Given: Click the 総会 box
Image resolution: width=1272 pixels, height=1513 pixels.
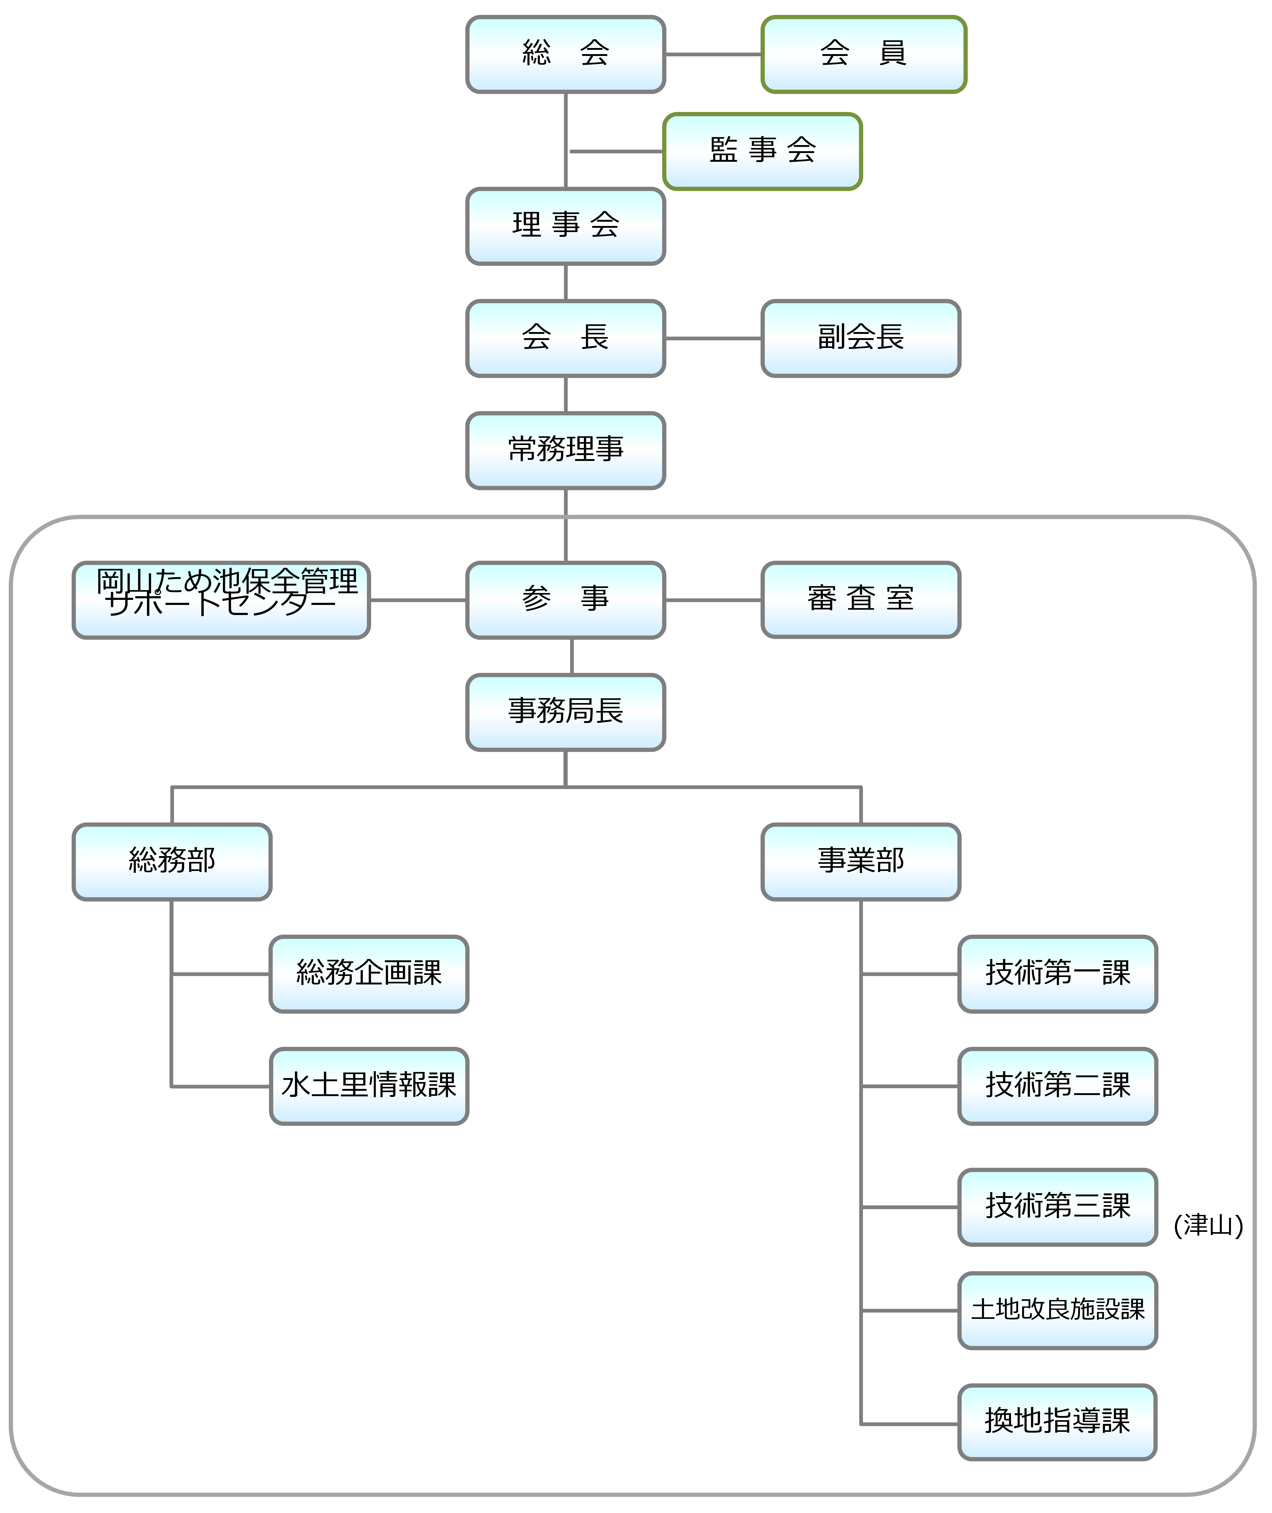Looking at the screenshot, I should pyautogui.click(x=565, y=54).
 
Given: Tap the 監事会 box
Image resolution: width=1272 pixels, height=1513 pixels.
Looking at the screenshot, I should pyautogui.click(x=762, y=151).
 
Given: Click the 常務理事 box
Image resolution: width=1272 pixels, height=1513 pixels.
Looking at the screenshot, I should pyautogui.click(x=565, y=451).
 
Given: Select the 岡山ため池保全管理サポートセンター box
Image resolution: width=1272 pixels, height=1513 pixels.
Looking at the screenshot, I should pyautogui.click(x=222, y=600).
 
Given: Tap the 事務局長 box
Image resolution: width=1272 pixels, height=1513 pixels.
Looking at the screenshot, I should pyautogui.click(x=565, y=712).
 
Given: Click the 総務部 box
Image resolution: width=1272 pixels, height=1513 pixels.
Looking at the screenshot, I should pyautogui.click(x=172, y=861).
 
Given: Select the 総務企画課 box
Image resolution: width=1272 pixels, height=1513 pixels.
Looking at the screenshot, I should pyautogui.click(x=368, y=974).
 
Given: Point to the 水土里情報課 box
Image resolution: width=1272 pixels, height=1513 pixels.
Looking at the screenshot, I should pyautogui.click(x=368, y=1085).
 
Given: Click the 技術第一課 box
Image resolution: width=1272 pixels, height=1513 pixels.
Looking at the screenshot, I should pyautogui.click(x=1057, y=974).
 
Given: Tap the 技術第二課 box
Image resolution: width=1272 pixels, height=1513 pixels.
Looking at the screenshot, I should pyautogui.click(x=1057, y=1085).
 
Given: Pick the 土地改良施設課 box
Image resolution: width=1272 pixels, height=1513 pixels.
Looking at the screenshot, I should pyautogui.click(x=1057, y=1310).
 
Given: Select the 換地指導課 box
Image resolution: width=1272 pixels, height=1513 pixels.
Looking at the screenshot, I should pyautogui.click(x=1057, y=1422).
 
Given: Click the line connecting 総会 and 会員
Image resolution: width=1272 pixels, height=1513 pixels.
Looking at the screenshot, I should pyautogui.click(x=713, y=54).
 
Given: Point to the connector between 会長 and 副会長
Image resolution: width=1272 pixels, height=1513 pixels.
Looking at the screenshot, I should pyautogui.click(x=713, y=338).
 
